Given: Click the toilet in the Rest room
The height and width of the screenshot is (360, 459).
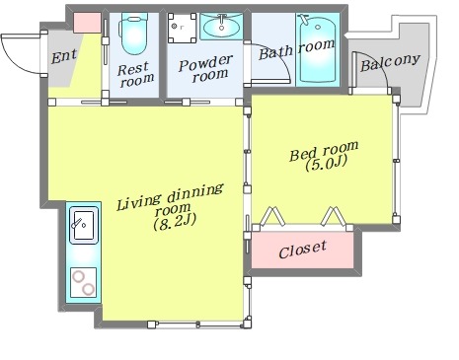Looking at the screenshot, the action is click(x=134, y=34).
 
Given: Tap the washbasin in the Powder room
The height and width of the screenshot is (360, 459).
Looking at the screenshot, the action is click(x=221, y=27).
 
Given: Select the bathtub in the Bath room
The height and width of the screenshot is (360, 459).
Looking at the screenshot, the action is click(x=318, y=49).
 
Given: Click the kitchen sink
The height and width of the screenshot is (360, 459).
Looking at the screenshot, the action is click(x=84, y=225).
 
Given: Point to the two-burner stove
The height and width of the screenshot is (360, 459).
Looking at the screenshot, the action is click(x=84, y=282).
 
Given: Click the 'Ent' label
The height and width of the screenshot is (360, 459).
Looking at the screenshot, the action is click(x=64, y=56).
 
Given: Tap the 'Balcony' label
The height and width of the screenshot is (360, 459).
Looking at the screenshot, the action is click(x=390, y=62).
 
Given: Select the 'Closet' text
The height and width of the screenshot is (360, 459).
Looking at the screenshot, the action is click(x=303, y=251).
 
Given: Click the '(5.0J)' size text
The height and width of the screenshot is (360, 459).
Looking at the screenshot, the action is click(x=326, y=164).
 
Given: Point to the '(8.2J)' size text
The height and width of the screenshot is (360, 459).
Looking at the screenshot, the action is click(x=175, y=222).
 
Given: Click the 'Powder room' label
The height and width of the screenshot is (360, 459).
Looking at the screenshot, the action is click(x=206, y=68).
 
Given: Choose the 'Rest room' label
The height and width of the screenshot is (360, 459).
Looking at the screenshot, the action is click(x=135, y=75).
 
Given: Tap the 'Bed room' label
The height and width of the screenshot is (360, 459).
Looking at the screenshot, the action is click(x=324, y=151).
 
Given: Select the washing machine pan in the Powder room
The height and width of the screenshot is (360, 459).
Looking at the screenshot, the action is click(x=182, y=28).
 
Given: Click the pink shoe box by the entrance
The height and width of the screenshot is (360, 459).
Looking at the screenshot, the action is click(x=87, y=23).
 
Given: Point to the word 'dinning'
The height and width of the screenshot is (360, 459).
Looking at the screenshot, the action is click(x=195, y=194).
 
